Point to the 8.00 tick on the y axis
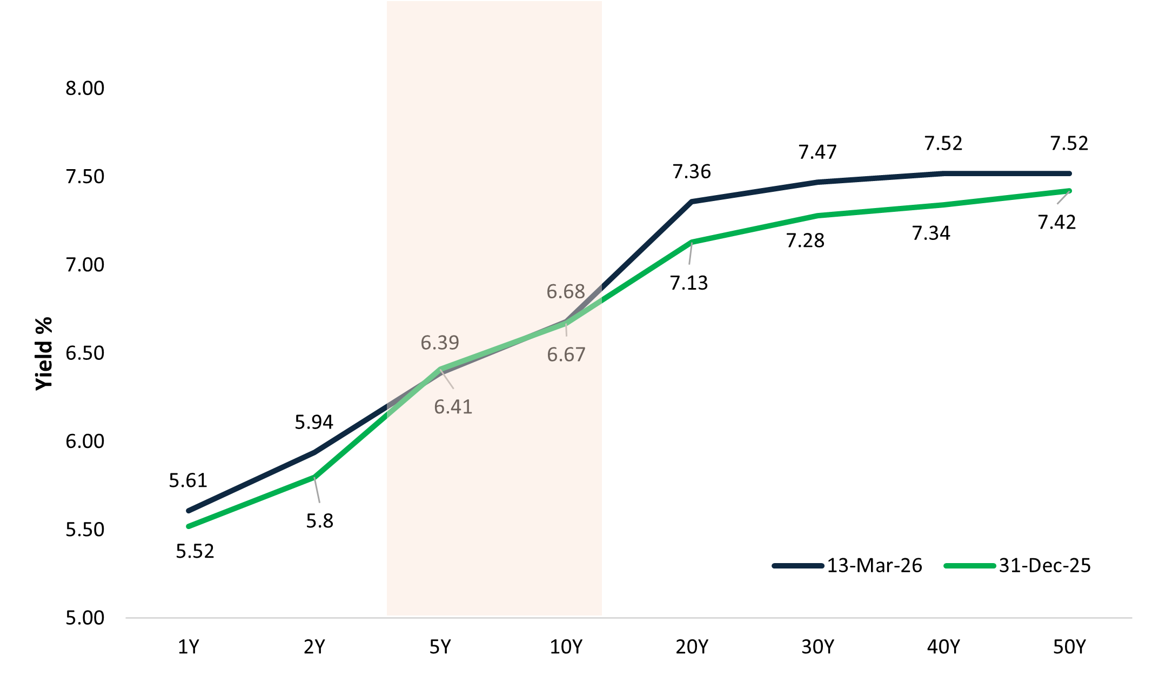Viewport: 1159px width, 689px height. (x=85, y=88)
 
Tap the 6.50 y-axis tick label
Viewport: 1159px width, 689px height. (x=85, y=353)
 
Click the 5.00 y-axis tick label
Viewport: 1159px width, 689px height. (x=85, y=618)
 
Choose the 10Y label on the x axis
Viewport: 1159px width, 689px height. (x=566, y=647)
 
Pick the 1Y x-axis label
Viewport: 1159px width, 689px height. (x=189, y=647)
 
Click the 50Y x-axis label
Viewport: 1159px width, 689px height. (x=1069, y=647)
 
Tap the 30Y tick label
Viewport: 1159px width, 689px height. (x=818, y=647)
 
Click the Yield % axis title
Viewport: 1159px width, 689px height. (x=44, y=353)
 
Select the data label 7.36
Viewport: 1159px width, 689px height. (x=692, y=172)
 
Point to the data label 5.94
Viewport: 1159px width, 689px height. (x=314, y=422)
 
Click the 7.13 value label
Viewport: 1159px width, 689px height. (x=689, y=283)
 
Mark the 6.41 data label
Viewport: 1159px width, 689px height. (x=453, y=407)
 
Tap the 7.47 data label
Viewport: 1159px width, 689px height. (x=818, y=152)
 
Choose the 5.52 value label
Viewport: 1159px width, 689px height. (x=195, y=551)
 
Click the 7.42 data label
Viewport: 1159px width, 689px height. (x=1057, y=222)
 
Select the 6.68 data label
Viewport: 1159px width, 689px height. (x=566, y=292)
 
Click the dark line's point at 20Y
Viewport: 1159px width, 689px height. (x=692, y=202)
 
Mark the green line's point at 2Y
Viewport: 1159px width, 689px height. (x=314, y=477)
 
